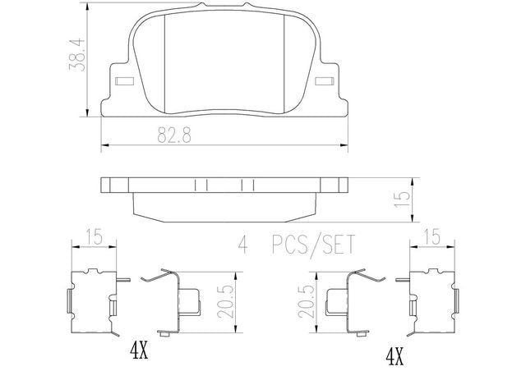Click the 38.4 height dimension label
pyautogui.click(x=76, y=54)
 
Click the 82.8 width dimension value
pyautogui.click(x=174, y=135)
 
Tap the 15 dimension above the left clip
pyautogui.click(x=94, y=237)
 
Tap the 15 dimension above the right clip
pyautogui.click(x=432, y=237)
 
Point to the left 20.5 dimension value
pyautogui.click(x=224, y=301)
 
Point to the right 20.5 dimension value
pyautogui.click(x=306, y=301)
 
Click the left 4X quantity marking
pyautogui.click(x=139, y=351)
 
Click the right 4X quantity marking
pyautogui.click(x=394, y=357)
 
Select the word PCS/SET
pyautogui.click(x=313, y=245)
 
